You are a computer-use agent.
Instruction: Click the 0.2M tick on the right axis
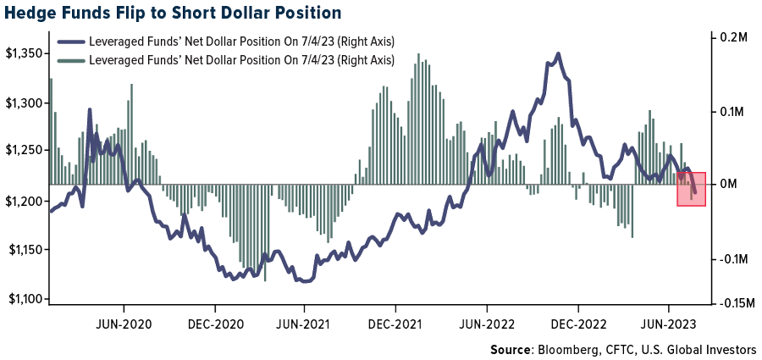pyautogui.click(x=729, y=39)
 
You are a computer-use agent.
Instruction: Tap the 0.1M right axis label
pyautogui.click(x=729, y=112)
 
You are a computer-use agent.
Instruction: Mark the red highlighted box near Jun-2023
pyautogui.click(x=691, y=188)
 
